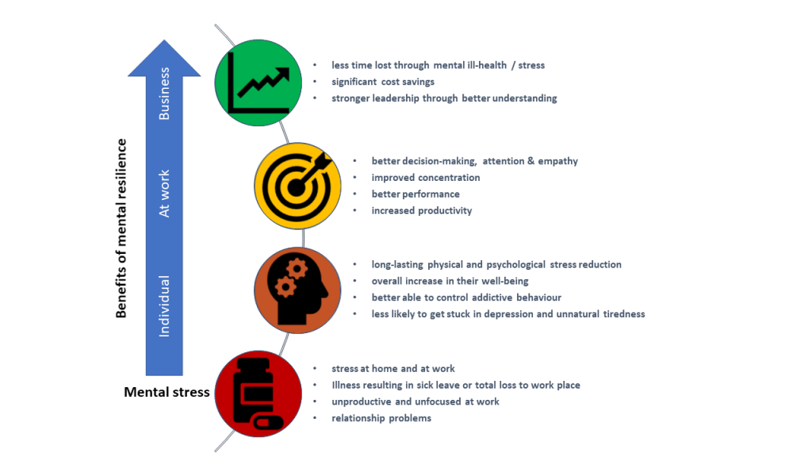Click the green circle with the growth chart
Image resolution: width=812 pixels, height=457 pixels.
(259, 83)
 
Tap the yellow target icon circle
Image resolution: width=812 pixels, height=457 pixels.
(298, 186)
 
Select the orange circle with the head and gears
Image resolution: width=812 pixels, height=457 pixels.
(298, 290)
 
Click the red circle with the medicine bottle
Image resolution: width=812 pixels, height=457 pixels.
(259, 394)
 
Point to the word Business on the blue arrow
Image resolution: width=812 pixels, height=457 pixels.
(164, 94)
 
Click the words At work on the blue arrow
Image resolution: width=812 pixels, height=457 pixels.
(164, 194)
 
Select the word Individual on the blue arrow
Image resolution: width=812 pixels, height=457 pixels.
(164, 305)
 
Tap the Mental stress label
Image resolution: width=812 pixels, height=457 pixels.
(167, 392)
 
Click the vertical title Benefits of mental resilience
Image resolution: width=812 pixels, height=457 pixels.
(121, 228)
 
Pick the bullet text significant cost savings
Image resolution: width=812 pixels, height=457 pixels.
(383, 82)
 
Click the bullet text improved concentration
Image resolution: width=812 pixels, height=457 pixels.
(426, 178)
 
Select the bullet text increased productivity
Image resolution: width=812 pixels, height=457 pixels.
(422, 211)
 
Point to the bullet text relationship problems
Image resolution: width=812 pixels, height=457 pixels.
(381, 418)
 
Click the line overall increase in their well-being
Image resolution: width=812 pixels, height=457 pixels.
(450, 282)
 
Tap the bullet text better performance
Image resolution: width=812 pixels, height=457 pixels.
(416, 194)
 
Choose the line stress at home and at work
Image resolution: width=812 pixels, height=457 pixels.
(393, 369)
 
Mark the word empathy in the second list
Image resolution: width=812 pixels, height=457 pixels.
(557, 161)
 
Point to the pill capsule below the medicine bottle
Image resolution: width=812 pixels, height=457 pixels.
(268, 422)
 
